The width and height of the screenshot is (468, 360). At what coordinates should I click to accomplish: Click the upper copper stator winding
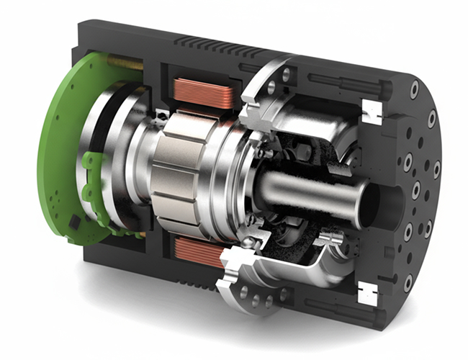(x=204, y=94)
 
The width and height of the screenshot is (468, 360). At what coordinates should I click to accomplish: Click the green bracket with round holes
(x=95, y=176)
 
